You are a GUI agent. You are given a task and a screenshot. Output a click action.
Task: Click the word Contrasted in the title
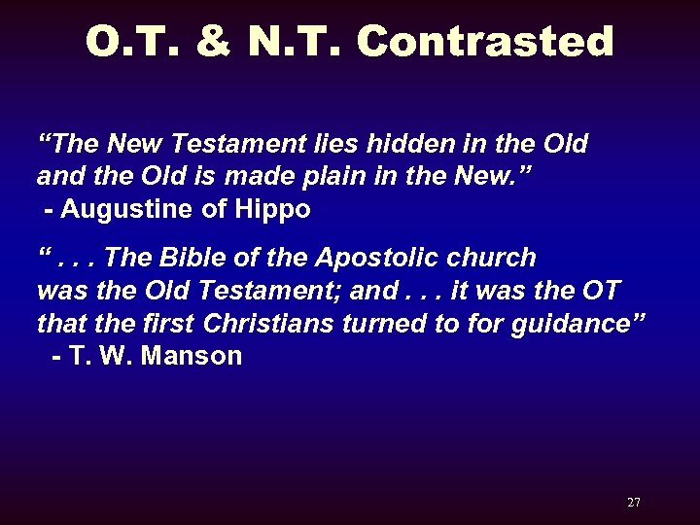click(x=485, y=42)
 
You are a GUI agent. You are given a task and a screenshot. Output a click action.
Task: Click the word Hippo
click(x=274, y=210)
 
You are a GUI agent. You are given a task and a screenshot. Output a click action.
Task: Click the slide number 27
click(x=634, y=503)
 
